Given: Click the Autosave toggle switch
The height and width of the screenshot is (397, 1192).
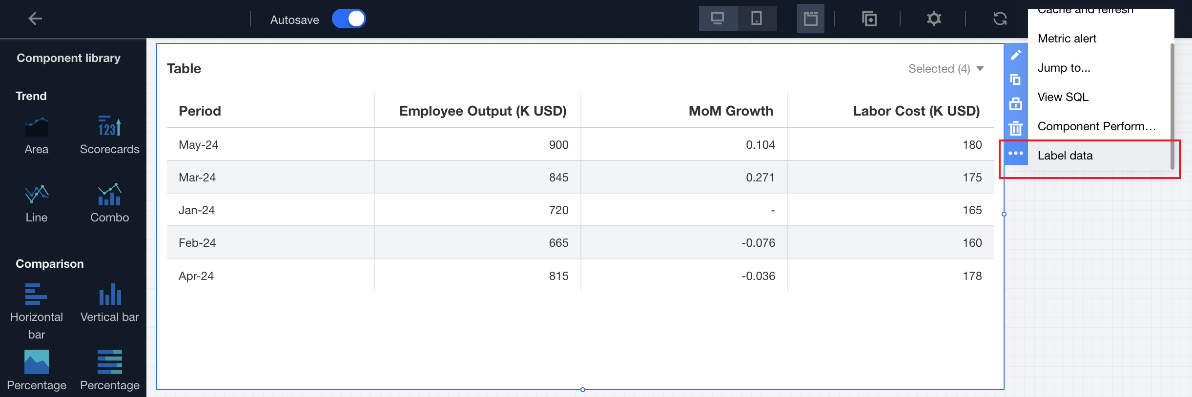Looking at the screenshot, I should [349, 19].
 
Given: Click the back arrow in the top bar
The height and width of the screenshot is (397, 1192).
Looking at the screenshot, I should [35, 19].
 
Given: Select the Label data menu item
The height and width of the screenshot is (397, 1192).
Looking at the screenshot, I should [1065, 156].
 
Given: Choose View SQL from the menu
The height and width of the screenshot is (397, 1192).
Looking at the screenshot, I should [1063, 97].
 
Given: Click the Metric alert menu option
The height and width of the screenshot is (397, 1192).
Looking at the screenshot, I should [1067, 39].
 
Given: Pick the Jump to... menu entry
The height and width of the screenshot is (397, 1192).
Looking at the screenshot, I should [1064, 68].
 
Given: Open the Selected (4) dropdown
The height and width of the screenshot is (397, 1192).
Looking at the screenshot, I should [945, 69].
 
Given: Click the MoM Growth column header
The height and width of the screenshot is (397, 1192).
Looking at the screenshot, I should [730, 111].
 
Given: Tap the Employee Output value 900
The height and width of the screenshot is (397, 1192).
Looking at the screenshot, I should [558, 145].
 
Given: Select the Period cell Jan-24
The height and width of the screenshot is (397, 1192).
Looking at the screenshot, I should [197, 210].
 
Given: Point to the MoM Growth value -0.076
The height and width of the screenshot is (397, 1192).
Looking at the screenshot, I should [758, 243].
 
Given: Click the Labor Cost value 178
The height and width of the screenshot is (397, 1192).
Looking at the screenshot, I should [972, 276].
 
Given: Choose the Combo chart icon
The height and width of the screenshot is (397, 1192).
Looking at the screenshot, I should [109, 195].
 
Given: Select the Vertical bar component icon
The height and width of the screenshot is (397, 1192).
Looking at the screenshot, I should [110, 295].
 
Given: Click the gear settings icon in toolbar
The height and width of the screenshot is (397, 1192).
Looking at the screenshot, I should [933, 19].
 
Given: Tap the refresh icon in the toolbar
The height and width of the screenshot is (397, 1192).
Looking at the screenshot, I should [1000, 19].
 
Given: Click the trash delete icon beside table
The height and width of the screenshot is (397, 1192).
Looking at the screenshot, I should [1016, 128].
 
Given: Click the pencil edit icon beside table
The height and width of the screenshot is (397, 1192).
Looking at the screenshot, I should [1016, 55].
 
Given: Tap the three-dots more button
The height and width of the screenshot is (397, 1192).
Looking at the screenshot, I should [1016, 153].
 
